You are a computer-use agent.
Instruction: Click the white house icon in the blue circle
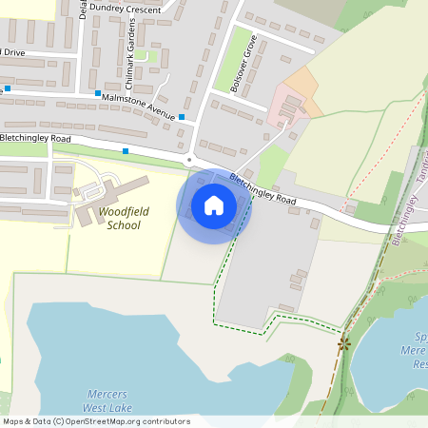[x=214, y=205]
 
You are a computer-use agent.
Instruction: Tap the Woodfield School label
[x=124, y=218]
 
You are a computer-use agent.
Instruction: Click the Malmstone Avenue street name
[x=139, y=104]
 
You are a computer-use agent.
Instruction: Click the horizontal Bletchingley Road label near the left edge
[x=35, y=138]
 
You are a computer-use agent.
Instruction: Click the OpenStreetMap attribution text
[x=96, y=421]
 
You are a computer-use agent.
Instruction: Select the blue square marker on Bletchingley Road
[x=125, y=151]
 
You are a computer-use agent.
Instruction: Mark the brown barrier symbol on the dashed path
[x=343, y=343]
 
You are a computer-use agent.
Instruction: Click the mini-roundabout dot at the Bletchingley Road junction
[x=189, y=160]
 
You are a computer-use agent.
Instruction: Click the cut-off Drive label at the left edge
[x=13, y=50]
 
